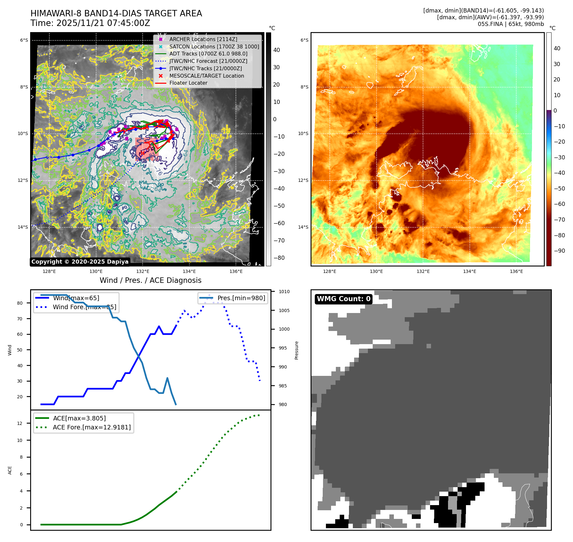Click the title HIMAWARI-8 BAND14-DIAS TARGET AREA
[116, 13]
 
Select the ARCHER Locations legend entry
[203, 39]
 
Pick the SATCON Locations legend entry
[214, 47]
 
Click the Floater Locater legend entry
[188, 83]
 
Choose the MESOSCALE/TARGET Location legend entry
[206, 76]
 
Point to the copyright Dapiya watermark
[80, 262]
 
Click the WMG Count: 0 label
[344, 299]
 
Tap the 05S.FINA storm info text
[511, 24]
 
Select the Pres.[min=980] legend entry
[241, 298]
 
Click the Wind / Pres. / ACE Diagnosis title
[151, 280]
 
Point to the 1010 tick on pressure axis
[284, 292]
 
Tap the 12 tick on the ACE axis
[20, 423]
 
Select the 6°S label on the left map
[24, 40]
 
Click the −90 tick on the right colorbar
[560, 251]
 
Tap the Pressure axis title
[296, 350]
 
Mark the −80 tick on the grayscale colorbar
[279, 258]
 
